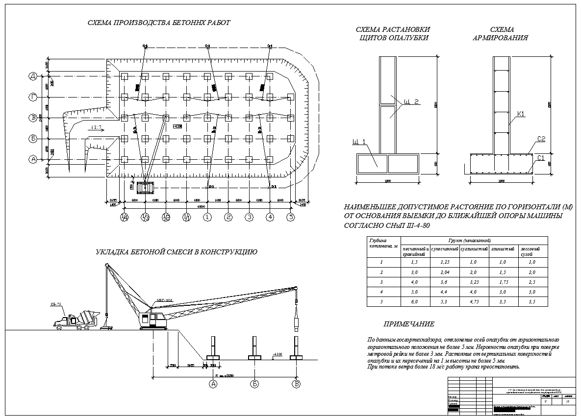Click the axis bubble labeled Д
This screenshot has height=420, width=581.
33,76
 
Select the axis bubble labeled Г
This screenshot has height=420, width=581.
33,98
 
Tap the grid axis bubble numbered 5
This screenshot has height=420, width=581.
291,217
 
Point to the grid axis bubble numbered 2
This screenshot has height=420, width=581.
228,217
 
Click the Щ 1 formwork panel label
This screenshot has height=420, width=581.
359,143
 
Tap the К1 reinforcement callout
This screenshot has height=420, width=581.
521,114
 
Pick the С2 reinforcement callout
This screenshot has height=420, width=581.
541,139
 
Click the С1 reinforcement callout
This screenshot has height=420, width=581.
541,158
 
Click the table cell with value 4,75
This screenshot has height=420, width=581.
474,301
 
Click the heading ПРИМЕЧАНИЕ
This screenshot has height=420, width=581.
409,324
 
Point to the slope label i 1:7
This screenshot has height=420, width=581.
97,127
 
